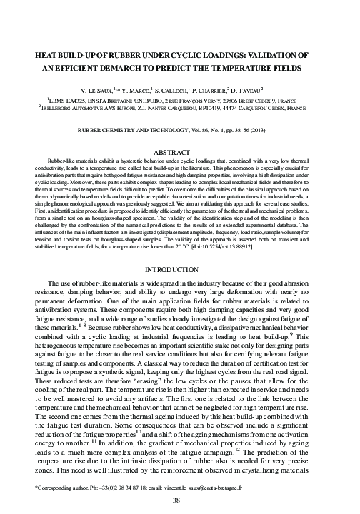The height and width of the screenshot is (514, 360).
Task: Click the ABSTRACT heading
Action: click(180, 152)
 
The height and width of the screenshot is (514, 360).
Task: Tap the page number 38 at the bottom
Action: click(180, 500)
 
